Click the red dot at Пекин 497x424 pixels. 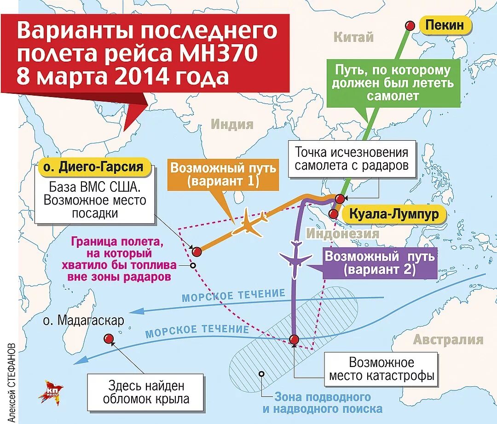(409, 26)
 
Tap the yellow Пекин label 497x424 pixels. (445, 26)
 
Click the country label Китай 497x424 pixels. (353, 37)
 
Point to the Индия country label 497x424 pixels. (232, 124)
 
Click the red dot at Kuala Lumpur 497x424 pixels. (333, 214)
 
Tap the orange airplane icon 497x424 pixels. (249, 223)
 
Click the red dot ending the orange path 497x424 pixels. (197, 252)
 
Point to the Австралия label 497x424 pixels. (448, 340)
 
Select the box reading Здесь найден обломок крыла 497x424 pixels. (146, 392)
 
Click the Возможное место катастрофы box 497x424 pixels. (381, 369)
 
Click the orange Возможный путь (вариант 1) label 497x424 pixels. (223, 174)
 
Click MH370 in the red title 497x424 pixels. (216, 55)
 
